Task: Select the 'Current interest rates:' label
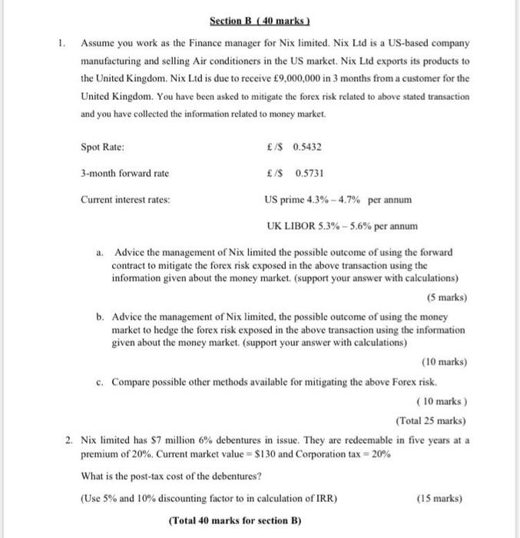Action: click(x=126, y=200)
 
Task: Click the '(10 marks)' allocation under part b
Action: click(x=444, y=362)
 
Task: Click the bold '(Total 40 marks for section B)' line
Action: click(x=234, y=520)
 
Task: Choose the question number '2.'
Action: click(x=69, y=440)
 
